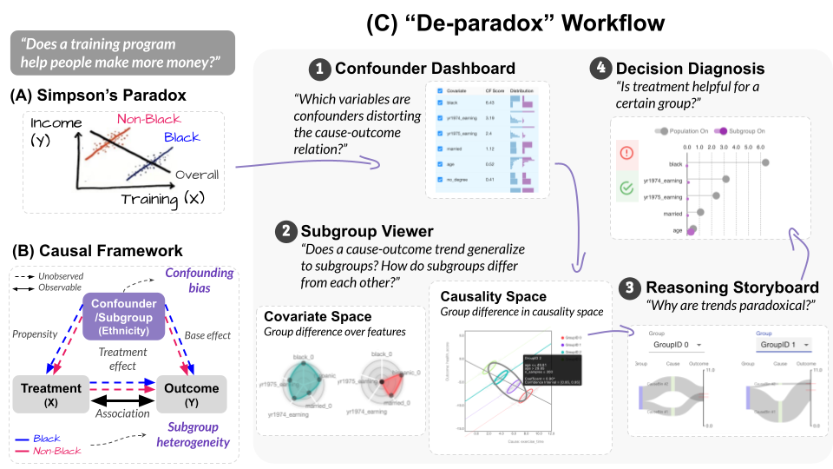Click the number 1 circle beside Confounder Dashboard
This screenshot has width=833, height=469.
click(x=322, y=68)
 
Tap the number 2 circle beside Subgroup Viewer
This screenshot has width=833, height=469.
click(x=285, y=231)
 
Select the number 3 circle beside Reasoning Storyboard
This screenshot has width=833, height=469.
click(x=633, y=288)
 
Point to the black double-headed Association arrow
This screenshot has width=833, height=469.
click(x=122, y=401)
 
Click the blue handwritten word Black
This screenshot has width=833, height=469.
click(x=181, y=137)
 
